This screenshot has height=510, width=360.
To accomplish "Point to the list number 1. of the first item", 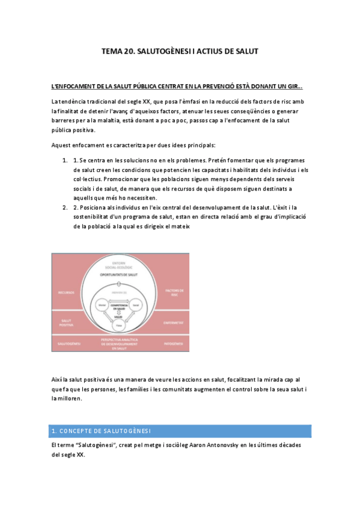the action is pos(65,160).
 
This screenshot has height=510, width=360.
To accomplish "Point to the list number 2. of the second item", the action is pos(65,207).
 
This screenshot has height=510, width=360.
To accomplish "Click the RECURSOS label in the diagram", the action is pos(66,293).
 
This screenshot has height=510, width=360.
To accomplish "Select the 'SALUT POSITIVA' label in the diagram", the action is pos(66,322).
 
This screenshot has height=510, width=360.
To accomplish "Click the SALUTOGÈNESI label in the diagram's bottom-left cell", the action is pos(66,344).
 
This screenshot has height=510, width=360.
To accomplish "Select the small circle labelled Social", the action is pos(136,306).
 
